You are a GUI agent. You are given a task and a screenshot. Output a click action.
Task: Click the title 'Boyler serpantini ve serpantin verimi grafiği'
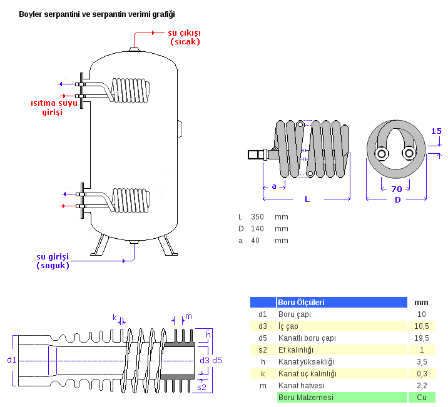point(97,14)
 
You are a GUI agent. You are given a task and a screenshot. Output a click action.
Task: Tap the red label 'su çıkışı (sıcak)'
point(185,37)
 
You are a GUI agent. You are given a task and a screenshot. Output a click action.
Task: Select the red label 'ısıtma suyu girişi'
point(56,107)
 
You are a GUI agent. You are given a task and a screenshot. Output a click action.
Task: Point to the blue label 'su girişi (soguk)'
point(53,261)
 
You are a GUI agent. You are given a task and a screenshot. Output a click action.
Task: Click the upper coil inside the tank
point(132,91)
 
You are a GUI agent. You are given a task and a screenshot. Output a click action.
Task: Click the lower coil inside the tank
point(132,200)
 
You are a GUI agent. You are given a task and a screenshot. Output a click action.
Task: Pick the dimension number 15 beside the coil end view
point(436,131)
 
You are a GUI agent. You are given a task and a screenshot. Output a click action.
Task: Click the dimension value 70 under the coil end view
point(397,189)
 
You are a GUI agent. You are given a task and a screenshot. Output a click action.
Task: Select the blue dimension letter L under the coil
point(307,199)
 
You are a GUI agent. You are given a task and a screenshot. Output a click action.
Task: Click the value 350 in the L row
point(257,217)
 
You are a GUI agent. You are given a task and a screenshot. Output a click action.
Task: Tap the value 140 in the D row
point(257,229)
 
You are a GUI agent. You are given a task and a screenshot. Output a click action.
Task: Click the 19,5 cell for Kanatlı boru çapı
point(421,338)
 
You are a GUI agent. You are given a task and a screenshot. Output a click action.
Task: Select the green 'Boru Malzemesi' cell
point(307,398)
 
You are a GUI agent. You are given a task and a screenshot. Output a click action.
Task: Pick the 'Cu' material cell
point(421,398)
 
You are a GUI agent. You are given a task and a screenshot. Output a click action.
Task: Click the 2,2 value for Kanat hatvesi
point(421,386)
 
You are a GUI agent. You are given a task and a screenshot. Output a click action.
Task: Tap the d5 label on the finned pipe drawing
point(217,361)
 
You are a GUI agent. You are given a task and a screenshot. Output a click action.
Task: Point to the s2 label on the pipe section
point(202,388)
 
